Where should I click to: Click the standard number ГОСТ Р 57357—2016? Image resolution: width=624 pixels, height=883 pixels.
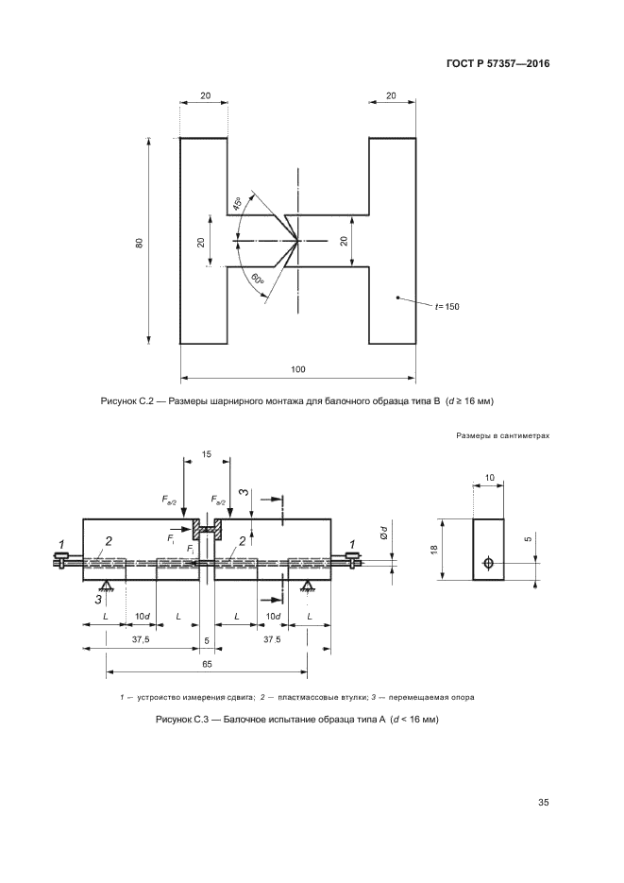498,63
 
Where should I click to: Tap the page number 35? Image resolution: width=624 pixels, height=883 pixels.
543,802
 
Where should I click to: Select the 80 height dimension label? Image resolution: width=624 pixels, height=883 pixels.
139,242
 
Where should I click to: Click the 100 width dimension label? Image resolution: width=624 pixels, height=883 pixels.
297,369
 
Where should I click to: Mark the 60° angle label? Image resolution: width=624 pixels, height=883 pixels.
257,280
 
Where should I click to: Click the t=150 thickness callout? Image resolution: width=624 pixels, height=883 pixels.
447,307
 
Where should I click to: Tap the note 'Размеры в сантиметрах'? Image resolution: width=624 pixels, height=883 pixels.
502,435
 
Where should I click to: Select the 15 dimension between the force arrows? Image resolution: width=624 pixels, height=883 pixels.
207,454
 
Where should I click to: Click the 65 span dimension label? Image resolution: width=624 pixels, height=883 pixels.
207,664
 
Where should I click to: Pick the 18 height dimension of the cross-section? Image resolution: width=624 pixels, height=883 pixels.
434,549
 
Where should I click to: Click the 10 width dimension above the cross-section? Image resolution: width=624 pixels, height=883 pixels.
489,478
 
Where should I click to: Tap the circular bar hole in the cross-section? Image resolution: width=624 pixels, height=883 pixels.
488,563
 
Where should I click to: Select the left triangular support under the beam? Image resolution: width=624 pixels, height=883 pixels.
105,586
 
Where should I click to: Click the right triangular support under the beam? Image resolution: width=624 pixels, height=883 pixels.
307,586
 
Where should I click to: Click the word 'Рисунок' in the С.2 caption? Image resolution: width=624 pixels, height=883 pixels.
118,401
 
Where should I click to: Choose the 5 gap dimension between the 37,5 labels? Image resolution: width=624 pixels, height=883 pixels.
207,640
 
